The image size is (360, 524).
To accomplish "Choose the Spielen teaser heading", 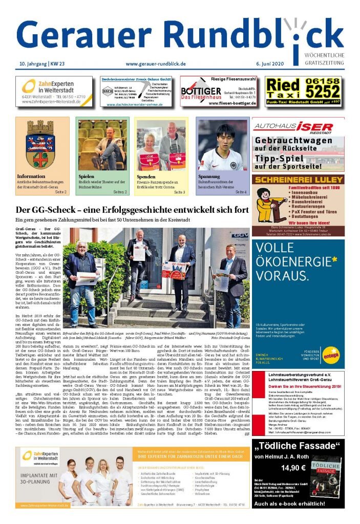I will coord(87,177).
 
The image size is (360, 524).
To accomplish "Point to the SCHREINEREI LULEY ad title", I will coord(298,180).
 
